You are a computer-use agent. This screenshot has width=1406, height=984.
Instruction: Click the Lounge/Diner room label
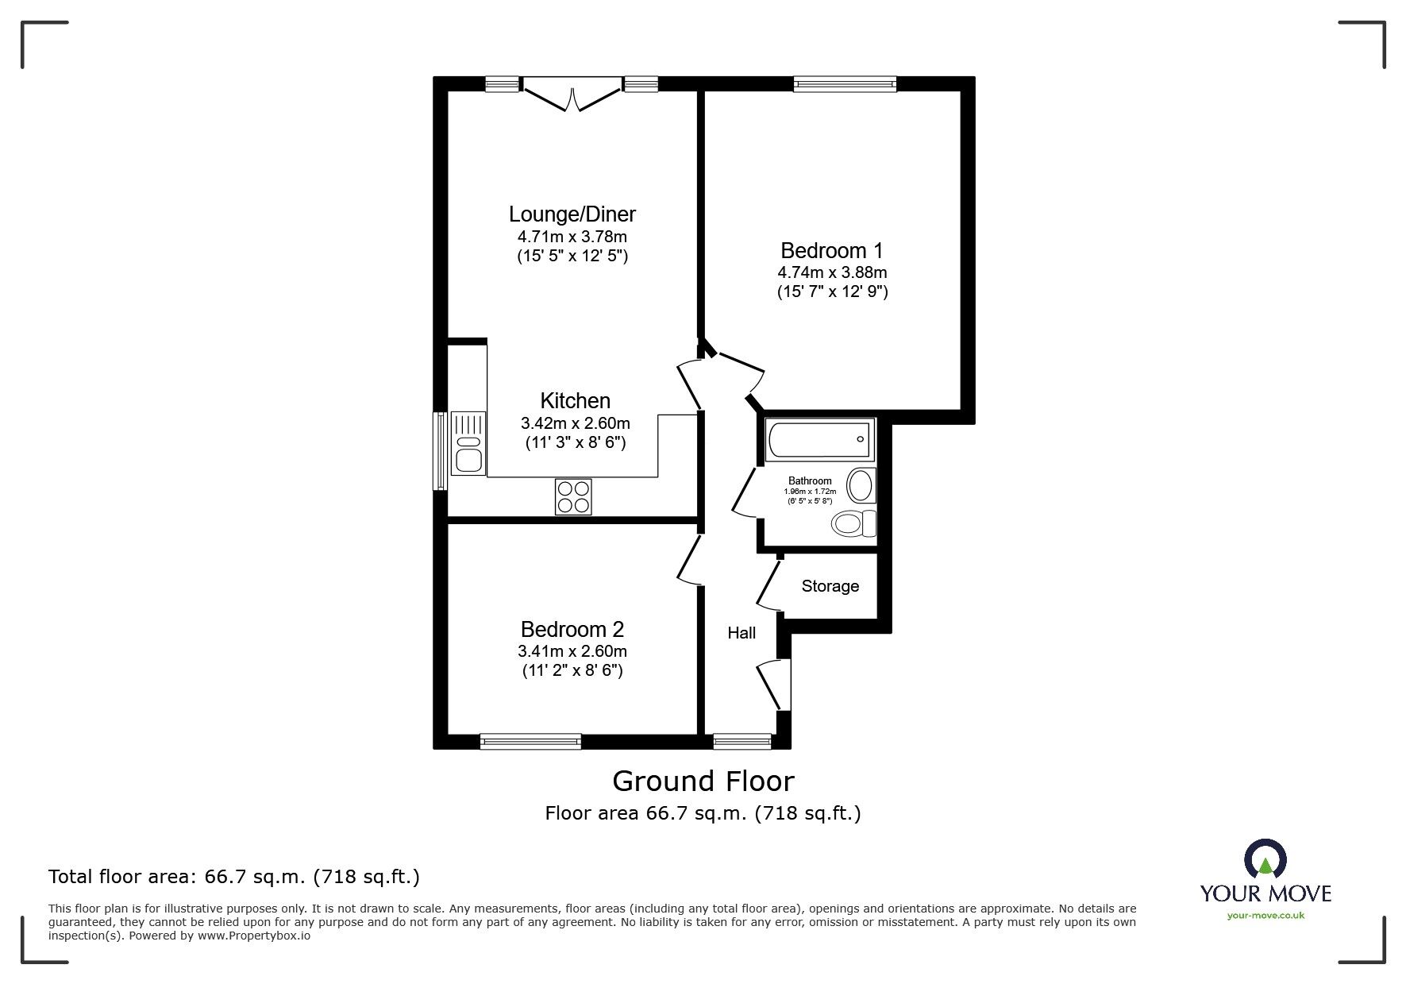[x=572, y=214]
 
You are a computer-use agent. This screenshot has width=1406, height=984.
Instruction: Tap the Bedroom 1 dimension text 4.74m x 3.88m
[x=832, y=272]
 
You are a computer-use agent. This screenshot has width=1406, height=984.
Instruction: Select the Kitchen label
[x=575, y=401]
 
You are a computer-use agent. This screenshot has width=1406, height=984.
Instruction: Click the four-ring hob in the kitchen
[x=572, y=497]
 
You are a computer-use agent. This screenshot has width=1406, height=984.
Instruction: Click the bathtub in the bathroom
[x=818, y=440]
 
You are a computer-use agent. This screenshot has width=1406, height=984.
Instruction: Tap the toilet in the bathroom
[x=853, y=523]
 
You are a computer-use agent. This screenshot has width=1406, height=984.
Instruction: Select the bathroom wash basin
[x=861, y=485]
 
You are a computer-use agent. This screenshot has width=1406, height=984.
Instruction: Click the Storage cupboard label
[x=830, y=586]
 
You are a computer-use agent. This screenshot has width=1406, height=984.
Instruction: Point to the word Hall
[x=742, y=633]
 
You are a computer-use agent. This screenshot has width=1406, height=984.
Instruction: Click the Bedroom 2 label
[x=572, y=630]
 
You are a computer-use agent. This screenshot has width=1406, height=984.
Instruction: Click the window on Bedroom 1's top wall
[x=844, y=83]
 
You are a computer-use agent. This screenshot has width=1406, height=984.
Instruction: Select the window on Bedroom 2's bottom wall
[x=530, y=742]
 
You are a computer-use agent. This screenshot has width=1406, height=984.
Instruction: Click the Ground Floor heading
[x=703, y=781]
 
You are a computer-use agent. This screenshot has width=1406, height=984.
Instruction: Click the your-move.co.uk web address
[x=1265, y=916]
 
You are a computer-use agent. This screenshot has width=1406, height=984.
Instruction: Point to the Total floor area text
[x=234, y=877]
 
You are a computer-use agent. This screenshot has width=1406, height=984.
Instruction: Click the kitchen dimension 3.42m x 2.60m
[x=575, y=423]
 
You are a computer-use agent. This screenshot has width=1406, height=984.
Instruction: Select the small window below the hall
[x=742, y=742]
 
